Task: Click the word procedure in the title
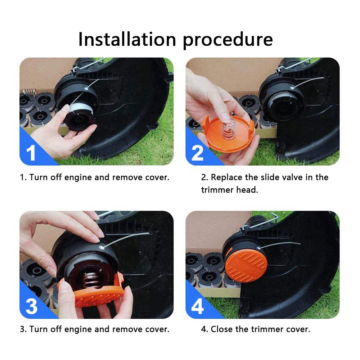(x=228, y=40)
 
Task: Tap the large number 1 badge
(x=32, y=152)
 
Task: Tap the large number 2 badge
(x=197, y=152)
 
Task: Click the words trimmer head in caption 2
(x=230, y=190)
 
